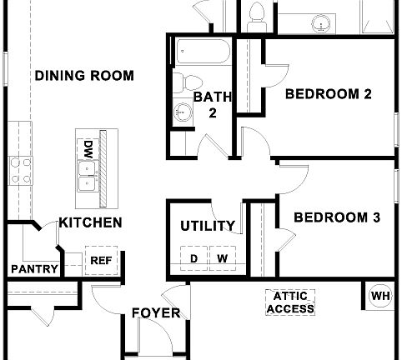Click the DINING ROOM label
84,76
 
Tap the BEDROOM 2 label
328,94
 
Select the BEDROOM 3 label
337,218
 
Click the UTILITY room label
208,226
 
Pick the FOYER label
156,313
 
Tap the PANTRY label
34,269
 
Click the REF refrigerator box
100,260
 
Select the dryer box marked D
193,258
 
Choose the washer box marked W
223,258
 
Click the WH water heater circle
379,296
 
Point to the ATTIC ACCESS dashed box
291,302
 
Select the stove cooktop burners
18,175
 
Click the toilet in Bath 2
190,83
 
